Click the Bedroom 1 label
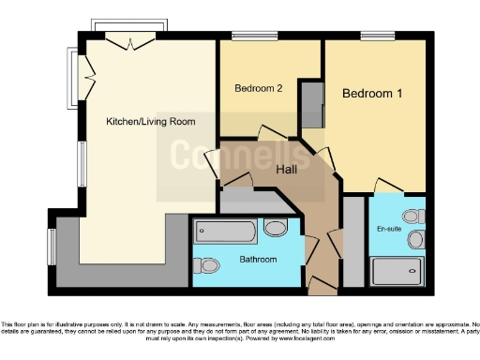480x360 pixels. [372, 95]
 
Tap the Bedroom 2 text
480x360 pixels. [259, 89]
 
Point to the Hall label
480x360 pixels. [287, 170]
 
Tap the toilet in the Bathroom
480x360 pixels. [208, 264]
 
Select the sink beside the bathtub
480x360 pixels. [275, 228]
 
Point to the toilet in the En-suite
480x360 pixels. [418, 217]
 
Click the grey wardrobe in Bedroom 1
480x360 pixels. [311, 104]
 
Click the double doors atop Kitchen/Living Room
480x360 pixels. [125, 39]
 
